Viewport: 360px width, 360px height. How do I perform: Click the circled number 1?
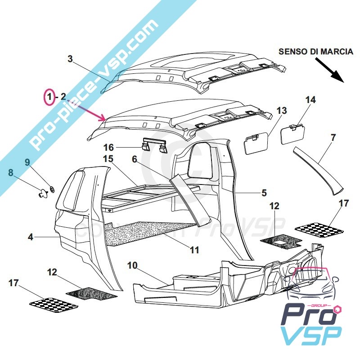[x=49, y=96]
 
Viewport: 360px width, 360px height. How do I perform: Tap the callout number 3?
[x=70, y=58]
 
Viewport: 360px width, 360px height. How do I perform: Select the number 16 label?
[x=109, y=148]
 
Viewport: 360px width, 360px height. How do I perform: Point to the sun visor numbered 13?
[x=256, y=144]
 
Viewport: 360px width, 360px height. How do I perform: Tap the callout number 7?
[x=333, y=137]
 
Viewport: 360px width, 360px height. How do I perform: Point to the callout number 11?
[x=194, y=250]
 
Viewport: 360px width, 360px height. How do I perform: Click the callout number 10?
[x=132, y=265]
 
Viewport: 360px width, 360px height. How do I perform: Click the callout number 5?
[x=264, y=193]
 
